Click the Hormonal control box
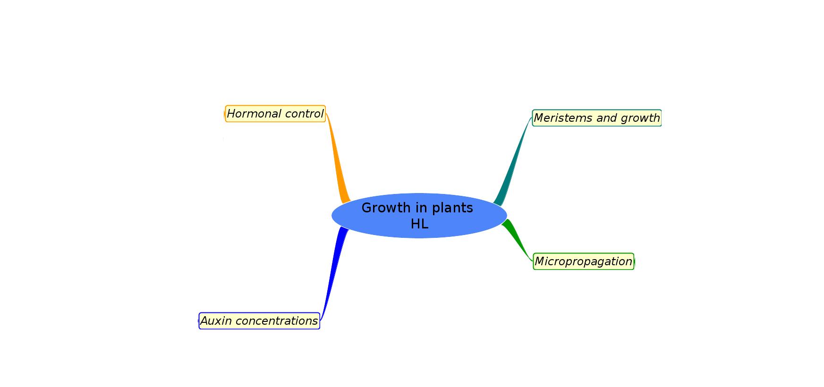[x=275, y=114]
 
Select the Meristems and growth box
[x=596, y=118]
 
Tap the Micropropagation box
[x=583, y=261]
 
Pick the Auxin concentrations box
[x=259, y=321]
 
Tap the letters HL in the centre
[x=419, y=224]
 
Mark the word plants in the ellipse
[x=453, y=208]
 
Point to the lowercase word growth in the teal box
[x=640, y=118]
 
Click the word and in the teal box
[x=606, y=118]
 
